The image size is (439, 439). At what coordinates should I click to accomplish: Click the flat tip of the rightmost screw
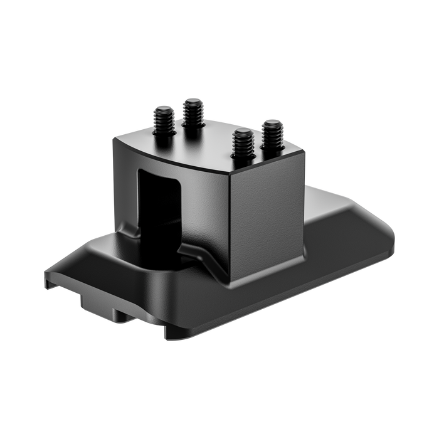click(273, 124)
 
